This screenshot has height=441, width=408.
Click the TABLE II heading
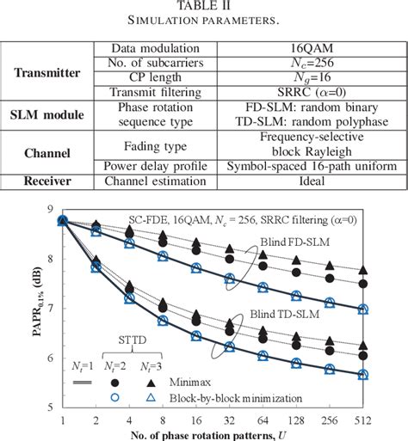coord(204,7)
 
